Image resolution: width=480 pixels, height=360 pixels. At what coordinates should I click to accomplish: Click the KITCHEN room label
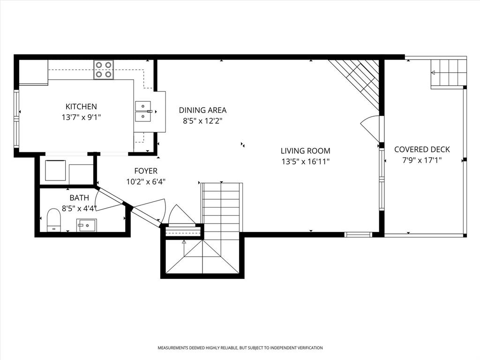[x=81, y=107]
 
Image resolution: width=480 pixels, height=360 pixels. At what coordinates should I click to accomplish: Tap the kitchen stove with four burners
[x=103, y=69]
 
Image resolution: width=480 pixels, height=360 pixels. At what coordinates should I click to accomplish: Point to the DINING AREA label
[x=202, y=110]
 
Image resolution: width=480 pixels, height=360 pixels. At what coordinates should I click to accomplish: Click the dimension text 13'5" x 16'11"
[x=305, y=162]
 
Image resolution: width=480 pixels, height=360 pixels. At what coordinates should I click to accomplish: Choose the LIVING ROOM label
[x=305, y=151]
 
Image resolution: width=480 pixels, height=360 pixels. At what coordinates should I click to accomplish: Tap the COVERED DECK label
[x=422, y=150]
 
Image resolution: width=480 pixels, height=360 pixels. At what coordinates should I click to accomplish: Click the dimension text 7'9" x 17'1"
[x=422, y=160]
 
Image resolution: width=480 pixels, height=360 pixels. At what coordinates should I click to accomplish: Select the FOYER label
[x=146, y=171]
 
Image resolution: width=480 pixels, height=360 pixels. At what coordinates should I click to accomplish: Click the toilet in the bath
[x=54, y=220]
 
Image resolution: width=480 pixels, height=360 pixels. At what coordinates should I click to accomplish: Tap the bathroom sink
[x=87, y=225]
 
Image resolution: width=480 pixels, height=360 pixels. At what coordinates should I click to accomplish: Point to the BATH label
[x=79, y=198]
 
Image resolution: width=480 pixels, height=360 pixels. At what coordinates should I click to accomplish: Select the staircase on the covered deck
[x=448, y=73]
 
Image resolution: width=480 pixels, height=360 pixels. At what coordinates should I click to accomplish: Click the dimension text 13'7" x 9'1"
[x=81, y=118]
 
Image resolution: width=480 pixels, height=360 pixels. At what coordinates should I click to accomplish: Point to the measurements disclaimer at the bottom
[x=240, y=348]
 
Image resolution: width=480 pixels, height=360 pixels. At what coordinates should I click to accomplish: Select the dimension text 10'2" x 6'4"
[x=146, y=182]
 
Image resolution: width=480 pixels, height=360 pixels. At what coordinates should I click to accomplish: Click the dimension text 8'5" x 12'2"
[x=202, y=121]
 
